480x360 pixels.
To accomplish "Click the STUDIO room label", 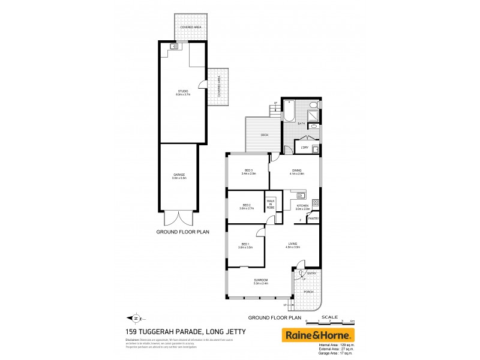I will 182,92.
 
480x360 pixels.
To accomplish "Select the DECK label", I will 264,135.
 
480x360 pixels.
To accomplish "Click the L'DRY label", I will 305,147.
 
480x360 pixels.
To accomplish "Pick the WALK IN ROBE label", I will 271,205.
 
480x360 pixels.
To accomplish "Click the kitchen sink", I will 301,195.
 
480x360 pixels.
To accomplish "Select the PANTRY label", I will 313,218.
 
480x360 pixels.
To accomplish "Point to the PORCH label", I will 308,292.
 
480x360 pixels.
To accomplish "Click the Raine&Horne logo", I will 318,335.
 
